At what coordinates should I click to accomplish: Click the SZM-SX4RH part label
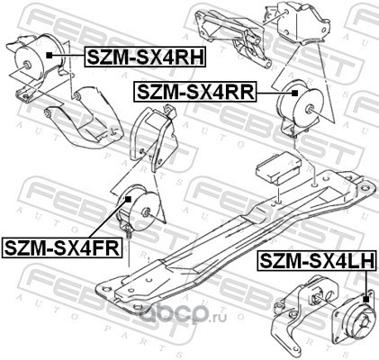146,56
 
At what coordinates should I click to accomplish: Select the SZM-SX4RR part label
195,92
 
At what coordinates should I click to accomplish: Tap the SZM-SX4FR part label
62,247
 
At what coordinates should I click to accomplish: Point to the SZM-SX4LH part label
317,260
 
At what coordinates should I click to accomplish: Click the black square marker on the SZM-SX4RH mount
50,55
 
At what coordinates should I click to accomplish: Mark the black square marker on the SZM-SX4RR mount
294,94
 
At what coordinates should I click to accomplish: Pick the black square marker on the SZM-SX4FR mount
129,199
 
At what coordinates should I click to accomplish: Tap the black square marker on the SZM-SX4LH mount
365,299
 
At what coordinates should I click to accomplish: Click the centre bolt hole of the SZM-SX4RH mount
26,64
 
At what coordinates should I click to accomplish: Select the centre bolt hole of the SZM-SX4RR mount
310,110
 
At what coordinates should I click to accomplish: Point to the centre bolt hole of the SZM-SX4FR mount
147,212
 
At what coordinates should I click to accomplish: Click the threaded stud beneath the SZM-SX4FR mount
128,232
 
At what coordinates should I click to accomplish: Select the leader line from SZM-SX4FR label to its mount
109,220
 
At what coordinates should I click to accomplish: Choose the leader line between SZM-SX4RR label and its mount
274,94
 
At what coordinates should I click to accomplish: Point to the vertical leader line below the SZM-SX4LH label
365,283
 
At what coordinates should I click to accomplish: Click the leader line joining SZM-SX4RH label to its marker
68,56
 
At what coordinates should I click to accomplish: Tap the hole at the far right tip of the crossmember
365,188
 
